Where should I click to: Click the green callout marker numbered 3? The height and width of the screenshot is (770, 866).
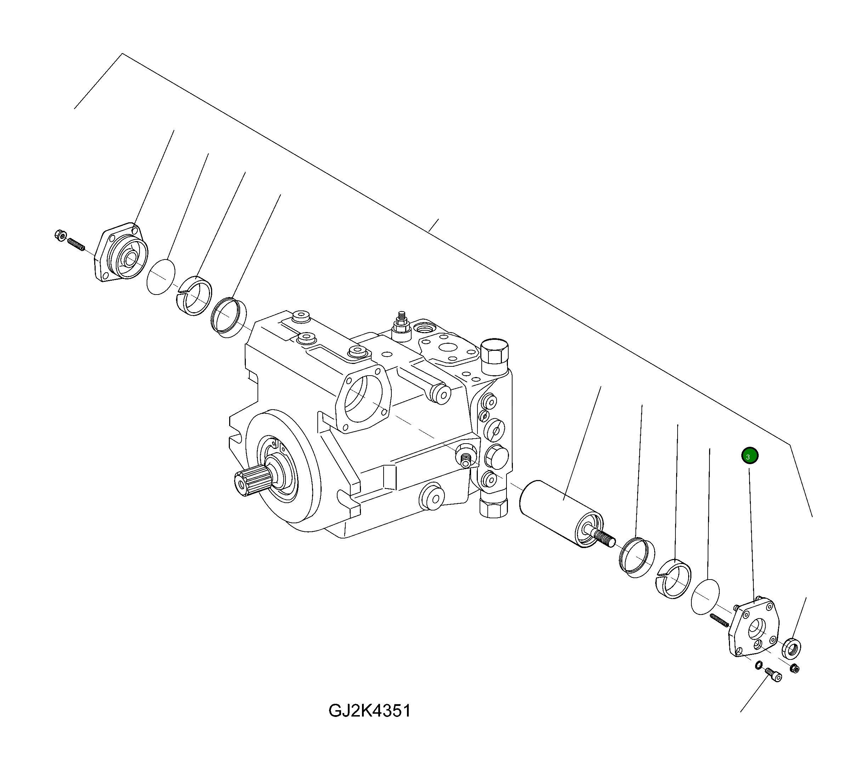click(749, 456)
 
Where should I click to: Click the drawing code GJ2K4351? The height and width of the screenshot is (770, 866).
click(369, 711)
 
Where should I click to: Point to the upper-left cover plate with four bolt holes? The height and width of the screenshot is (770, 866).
click(121, 252)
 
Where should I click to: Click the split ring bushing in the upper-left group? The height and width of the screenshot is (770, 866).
click(194, 295)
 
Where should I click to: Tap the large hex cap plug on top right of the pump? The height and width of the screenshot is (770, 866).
click(495, 351)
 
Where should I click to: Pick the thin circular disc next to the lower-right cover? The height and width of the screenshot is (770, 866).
click(706, 596)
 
